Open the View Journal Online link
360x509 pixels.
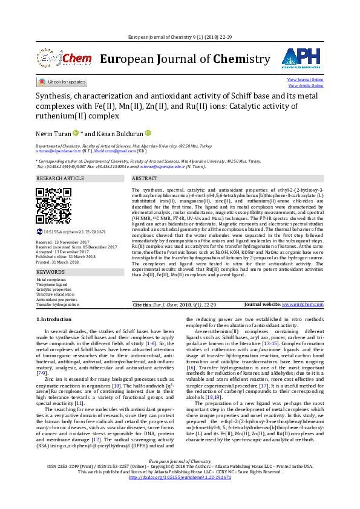point(305,80)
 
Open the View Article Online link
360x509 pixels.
point(305,86)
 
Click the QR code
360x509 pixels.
point(54,206)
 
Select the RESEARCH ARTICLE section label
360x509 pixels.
point(61,179)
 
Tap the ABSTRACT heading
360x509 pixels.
point(145,179)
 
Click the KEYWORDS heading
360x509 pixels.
point(50,272)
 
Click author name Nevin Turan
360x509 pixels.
point(52,133)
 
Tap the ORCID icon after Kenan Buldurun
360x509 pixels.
point(147,133)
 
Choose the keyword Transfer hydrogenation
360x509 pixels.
point(57,304)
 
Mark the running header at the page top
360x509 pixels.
point(180,37)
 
